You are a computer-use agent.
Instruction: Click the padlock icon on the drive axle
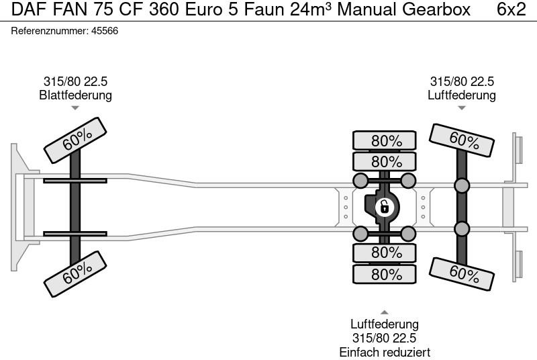385,206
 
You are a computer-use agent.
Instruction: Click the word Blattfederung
75,95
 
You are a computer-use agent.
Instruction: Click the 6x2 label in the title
511,10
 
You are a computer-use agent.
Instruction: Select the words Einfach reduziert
385,352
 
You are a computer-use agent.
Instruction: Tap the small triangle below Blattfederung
75,107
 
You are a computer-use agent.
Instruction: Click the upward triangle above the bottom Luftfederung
385,312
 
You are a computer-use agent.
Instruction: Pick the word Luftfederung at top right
462,95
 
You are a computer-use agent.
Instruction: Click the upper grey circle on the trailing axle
462,186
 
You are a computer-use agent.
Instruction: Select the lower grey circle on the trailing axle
462,229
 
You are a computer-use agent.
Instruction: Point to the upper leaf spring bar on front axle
75,180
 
